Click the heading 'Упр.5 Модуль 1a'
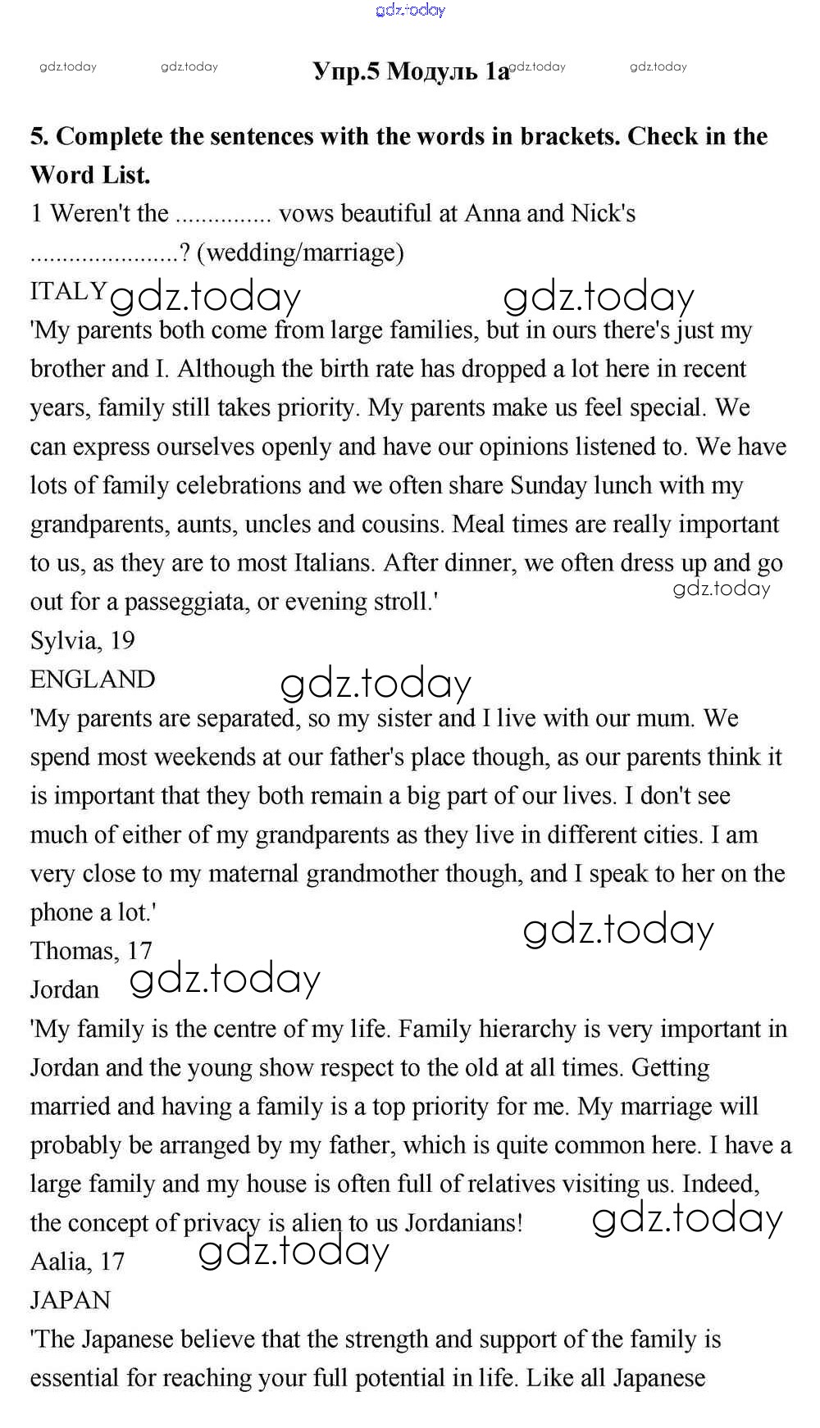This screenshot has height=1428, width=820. tap(411, 72)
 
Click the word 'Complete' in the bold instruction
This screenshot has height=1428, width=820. tap(108, 136)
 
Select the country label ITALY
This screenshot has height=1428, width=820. tap(68, 291)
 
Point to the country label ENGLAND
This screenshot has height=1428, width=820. tap(93, 680)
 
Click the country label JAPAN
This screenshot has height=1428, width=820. tap(71, 1300)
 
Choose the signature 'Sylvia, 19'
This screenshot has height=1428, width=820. tap(82, 640)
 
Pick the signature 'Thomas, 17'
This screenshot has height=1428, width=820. tap(91, 951)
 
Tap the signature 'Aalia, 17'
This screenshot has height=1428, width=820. tap(77, 1262)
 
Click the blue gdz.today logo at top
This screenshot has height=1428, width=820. tap(410, 10)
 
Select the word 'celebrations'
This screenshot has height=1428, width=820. tap(234, 485)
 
